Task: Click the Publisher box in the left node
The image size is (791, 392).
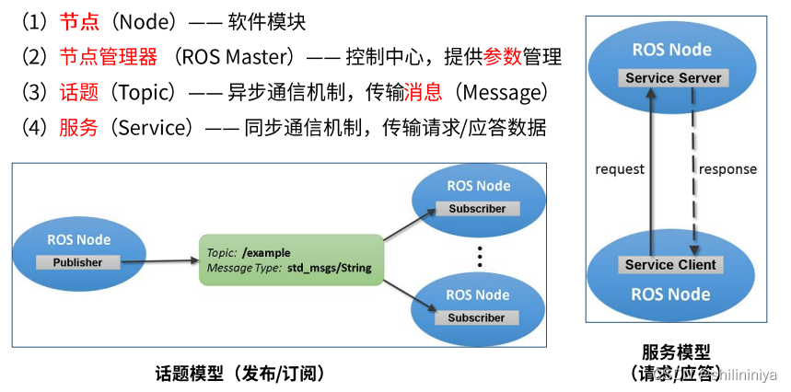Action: [78, 262]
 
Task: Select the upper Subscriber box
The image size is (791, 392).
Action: [477, 209]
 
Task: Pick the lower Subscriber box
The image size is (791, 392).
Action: [477, 317]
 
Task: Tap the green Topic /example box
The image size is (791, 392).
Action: [290, 260]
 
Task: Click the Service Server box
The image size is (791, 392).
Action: [674, 78]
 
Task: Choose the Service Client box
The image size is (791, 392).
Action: [670, 265]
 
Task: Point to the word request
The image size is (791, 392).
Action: [620, 169]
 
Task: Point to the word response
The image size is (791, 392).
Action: [727, 169]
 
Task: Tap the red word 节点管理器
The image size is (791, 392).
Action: [108, 57]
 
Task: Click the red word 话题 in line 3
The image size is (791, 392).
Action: [78, 93]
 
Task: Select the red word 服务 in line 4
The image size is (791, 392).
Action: [78, 128]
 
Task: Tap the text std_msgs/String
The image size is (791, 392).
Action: [331, 268]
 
